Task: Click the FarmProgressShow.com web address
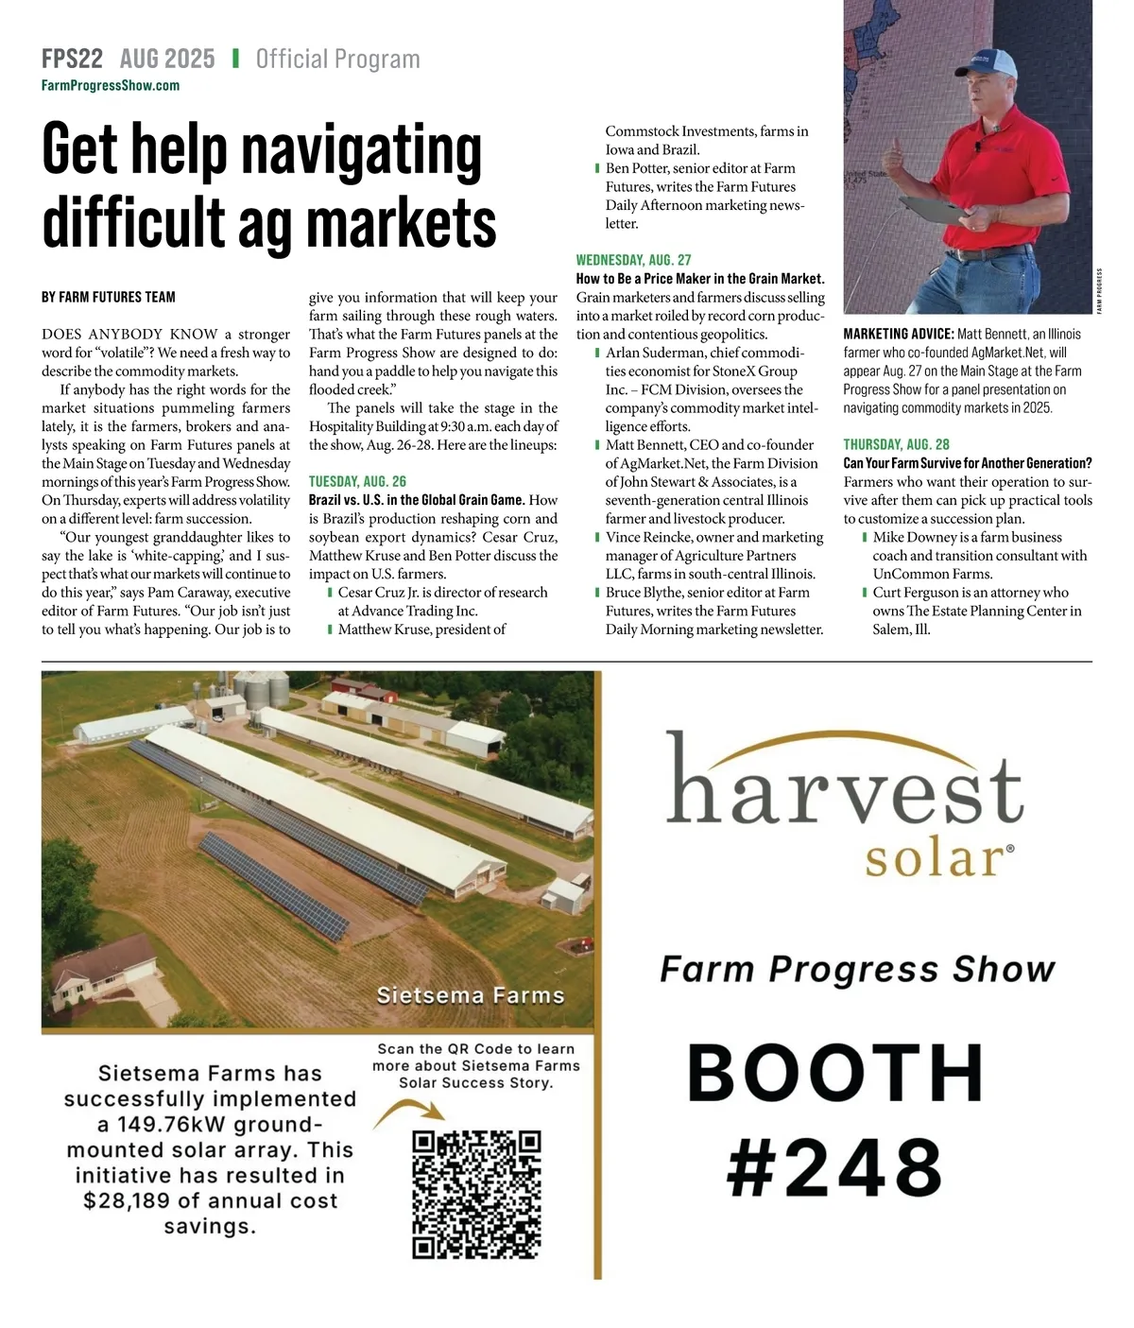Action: tap(111, 86)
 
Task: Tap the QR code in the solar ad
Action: tap(477, 1194)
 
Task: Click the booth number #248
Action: tap(834, 1166)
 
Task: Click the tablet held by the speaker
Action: tap(936, 208)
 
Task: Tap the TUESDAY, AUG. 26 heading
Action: tap(357, 481)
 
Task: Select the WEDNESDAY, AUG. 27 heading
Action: tap(633, 260)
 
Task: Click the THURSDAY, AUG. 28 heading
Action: tap(896, 444)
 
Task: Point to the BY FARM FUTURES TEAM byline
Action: tap(109, 297)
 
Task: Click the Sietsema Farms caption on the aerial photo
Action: tap(470, 995)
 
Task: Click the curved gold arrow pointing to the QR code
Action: tap(406, 1113)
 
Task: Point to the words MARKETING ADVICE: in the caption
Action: tap(898, 334)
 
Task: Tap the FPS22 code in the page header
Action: tap(72, 59)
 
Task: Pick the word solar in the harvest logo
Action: tap(934, 858)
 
